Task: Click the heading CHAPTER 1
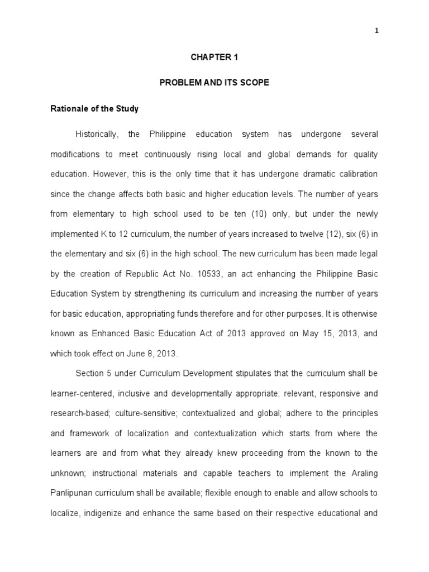[214, 56]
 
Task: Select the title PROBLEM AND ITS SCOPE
[214, 83]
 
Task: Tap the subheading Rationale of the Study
[94, 109]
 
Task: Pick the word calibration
[357, 174]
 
